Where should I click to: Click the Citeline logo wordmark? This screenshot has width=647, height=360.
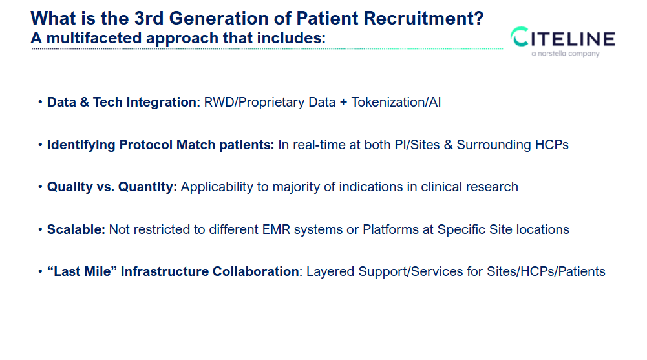coord(563,38)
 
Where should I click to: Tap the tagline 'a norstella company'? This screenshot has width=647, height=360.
coord(565,54)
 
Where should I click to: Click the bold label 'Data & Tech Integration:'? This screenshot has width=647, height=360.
coord(123,102)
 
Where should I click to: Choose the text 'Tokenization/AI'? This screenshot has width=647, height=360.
coord(396,102)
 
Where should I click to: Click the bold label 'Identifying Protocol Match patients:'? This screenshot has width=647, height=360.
coord(160,145)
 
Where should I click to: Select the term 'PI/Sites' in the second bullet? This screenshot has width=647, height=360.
coord(418,145)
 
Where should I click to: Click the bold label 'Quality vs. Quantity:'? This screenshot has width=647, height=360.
coord(112,187)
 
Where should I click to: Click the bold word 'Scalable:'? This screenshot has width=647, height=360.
coord(76,229)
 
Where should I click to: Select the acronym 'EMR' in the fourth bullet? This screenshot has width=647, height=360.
coord(275,229)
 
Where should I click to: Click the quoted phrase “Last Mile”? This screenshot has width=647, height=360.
coord(81,271)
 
